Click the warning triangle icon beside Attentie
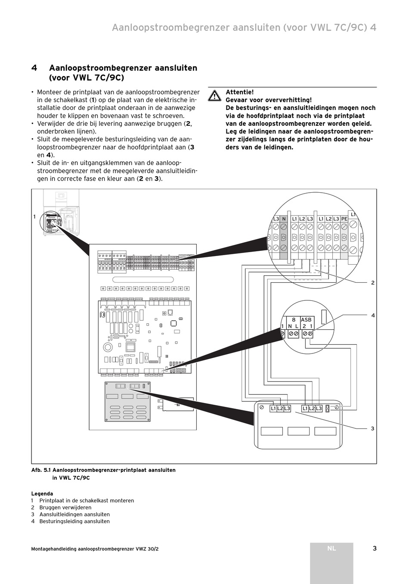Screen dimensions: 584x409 tap(214, 95)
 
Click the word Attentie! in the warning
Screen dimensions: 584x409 tap(239, 92)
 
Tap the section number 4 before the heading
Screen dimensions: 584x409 tap(34, 68)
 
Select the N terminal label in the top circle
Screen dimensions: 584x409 tap(284, 219)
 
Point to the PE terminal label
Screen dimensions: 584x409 tap(344, 219)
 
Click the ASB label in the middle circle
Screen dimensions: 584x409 tap(306, 320)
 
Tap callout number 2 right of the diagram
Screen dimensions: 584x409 tap(373, 283)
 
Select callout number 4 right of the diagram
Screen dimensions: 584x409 tap(373, 315)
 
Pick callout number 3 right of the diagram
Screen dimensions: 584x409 tap(373, 428)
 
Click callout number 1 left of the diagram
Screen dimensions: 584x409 tap(34, 217)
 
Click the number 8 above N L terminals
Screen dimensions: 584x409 tap(294, 320)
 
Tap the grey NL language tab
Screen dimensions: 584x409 tap(331, 549)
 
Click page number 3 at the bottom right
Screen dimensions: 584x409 tap(375, 548)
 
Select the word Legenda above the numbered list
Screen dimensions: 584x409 tap(42, 494)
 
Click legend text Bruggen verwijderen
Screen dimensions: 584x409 tap(65, 508)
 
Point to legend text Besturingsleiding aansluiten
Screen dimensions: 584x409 tap(74, 522)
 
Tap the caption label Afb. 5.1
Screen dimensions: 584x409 tap(41, 470)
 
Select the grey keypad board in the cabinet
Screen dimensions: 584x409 tap(128, 401)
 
